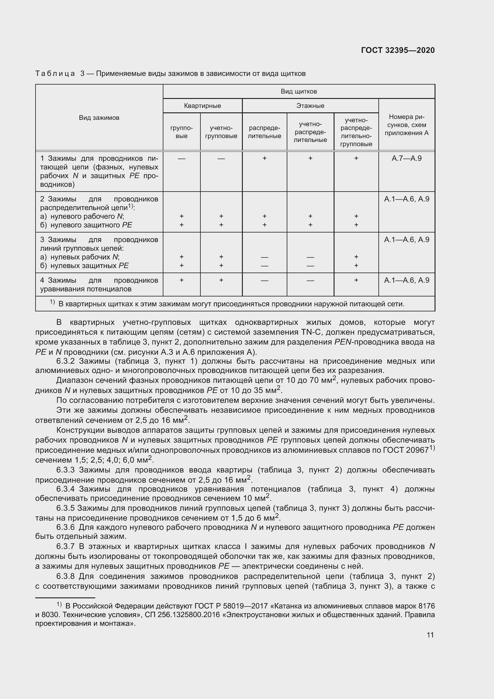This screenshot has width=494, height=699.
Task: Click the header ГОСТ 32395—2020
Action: tap(398, 50)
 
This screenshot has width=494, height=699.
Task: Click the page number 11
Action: tap(430, 635)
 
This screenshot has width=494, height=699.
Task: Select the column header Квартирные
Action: tap(202, 105)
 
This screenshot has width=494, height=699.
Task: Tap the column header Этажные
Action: tap(310, 105)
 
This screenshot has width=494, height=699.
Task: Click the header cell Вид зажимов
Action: tap(99, 118)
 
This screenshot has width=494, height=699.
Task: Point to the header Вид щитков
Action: tap(299, 91)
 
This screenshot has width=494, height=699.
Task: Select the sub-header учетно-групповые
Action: tap(221, 132)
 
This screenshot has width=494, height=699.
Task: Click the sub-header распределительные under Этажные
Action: tap(264, 132)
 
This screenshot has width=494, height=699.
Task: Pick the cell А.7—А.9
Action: tap(406, 158)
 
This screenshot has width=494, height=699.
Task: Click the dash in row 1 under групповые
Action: tap(182, 159)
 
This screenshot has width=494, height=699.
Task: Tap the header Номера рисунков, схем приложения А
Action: tap(406, 125)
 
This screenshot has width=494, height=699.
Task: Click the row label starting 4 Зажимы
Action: tap(99, 284)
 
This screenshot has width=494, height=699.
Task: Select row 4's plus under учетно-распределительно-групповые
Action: tap(356, 280)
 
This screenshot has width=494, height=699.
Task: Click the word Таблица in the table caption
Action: tap(55, 74)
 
